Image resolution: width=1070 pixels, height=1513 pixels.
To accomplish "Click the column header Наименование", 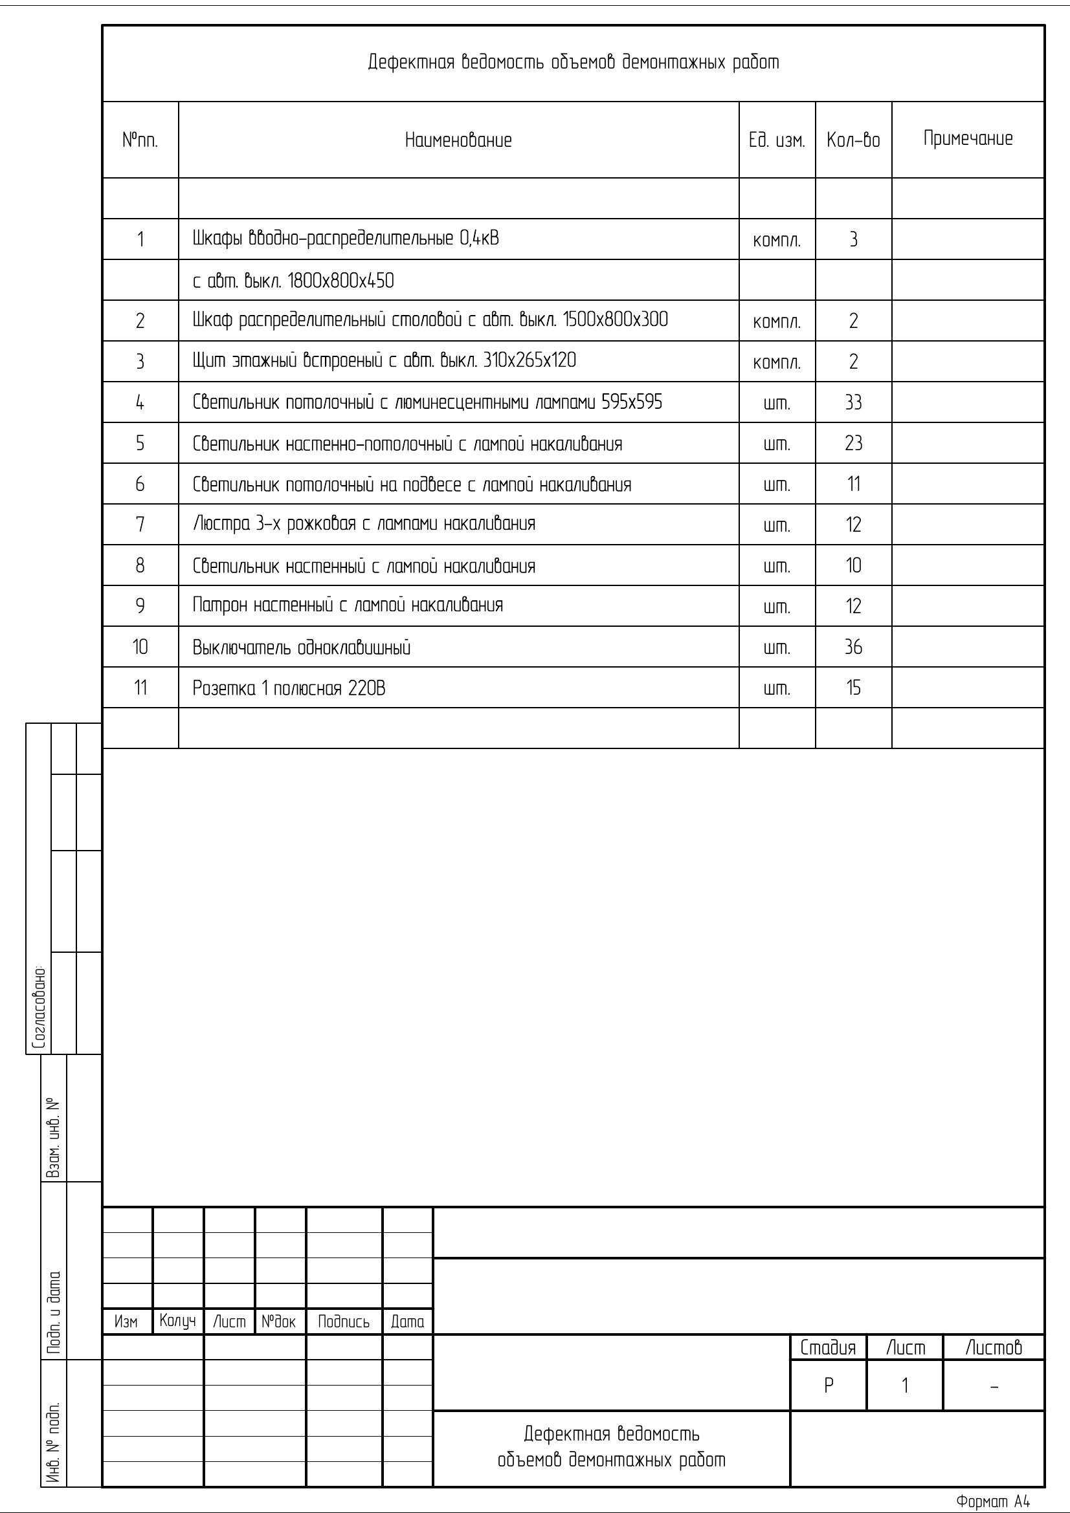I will click(458, 140).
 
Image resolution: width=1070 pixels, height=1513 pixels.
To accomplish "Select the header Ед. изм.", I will click(777, 140).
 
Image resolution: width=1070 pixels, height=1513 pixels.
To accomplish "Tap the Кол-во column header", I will click(853, 140).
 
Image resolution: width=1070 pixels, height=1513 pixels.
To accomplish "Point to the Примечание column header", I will click(968, 139).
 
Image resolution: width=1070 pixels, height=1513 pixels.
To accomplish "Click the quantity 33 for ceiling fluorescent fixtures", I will click(853, 402).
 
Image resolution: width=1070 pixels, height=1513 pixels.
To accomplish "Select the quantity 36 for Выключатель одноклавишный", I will click(853, 647).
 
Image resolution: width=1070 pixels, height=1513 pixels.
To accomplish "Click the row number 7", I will click(140, 525).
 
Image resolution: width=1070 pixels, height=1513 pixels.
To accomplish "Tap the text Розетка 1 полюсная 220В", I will click(289, 689).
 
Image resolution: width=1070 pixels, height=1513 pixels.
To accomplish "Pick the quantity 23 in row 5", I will click(853, 444).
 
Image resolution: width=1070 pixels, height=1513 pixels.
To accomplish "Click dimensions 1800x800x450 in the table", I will click(341, 281).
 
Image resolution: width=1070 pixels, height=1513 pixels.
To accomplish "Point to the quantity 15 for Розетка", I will click(853, 689).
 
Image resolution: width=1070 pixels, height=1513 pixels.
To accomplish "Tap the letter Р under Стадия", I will click(829, 1386).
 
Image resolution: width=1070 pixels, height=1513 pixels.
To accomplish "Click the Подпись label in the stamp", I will click(344, 1322).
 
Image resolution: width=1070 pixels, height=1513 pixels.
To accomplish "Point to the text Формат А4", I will click(993, 1502).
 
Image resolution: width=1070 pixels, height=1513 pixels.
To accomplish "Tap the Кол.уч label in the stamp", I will click(177, 1322).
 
